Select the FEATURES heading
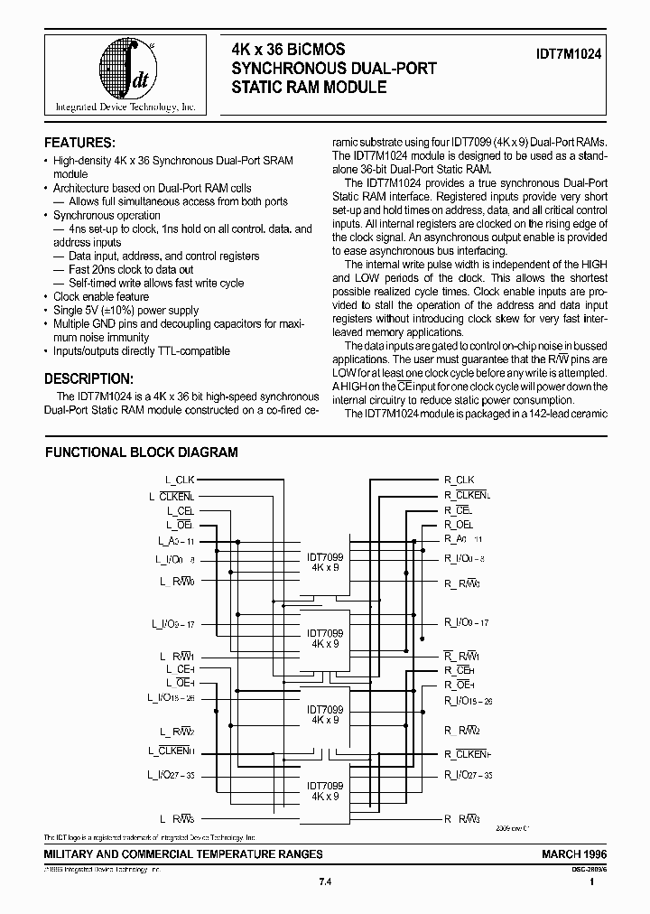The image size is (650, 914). click(x=80, y=143)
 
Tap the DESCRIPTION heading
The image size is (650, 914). click(x=89, y=378)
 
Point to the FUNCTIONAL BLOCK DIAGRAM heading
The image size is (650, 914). click(x=142, y=452)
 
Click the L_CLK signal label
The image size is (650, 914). click(x=180, y=480)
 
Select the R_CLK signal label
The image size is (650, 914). click(x=459, y=480)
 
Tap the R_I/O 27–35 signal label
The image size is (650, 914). click(x=468, y=775)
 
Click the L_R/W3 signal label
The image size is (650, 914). click(x=178, y=819)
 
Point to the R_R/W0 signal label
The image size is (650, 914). click(x=462, y=583)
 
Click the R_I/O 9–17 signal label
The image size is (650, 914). click(x=467, y=622)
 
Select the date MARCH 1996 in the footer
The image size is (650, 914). click(x=573, y=853)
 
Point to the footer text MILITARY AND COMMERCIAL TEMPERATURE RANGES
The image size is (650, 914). click(x=183, y=853)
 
